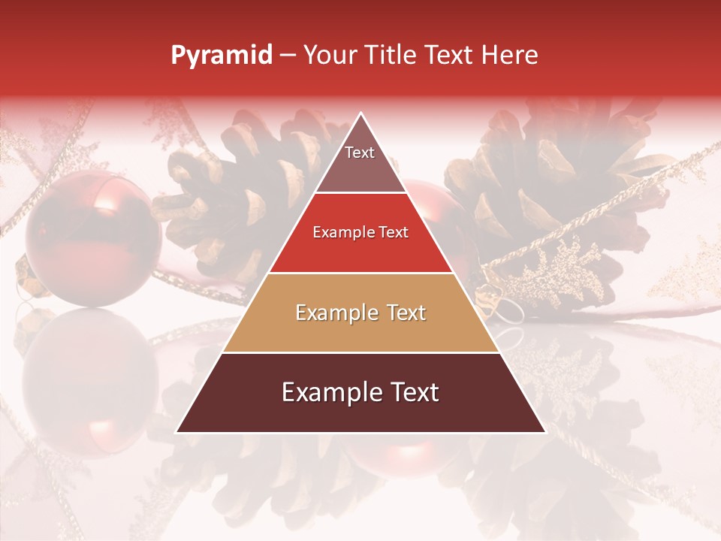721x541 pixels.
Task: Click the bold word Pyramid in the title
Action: point(221,56)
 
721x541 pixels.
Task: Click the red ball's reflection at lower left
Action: point(90,383)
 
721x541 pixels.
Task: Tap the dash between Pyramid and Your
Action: point(288,56)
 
